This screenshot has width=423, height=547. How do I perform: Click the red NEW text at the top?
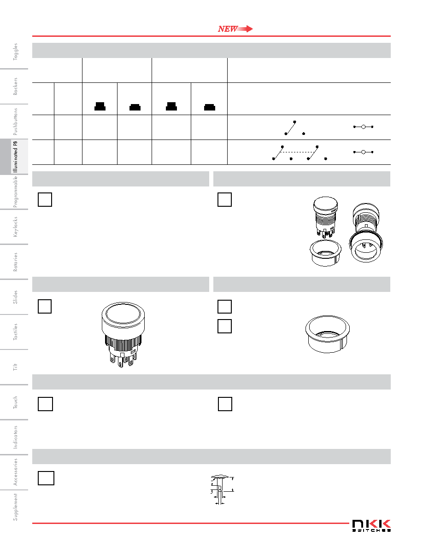228,29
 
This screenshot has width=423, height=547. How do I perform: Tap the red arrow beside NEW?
245,29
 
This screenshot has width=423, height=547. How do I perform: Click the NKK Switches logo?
371,525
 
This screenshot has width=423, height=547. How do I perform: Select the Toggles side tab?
15,52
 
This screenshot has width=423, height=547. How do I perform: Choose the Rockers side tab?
15,86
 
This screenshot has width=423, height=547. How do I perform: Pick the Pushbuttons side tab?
15,122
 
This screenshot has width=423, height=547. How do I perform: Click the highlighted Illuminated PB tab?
15,157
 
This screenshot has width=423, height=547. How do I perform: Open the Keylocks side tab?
15,227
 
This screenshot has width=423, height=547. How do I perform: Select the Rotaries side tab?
15,262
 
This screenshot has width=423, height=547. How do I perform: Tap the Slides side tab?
15,297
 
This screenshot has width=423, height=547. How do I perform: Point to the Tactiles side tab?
15,332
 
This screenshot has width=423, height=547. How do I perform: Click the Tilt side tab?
15,367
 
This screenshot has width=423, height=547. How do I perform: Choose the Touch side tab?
15,402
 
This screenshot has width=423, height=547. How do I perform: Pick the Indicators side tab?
15,437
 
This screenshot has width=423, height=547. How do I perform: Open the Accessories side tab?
15,472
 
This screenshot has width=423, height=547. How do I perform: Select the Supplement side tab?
15,507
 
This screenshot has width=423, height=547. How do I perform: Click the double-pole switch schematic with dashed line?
300,153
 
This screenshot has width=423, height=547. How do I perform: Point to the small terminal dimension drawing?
222,489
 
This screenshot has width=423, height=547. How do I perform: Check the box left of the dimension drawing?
46,478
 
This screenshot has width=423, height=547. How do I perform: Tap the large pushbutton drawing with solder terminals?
123,335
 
